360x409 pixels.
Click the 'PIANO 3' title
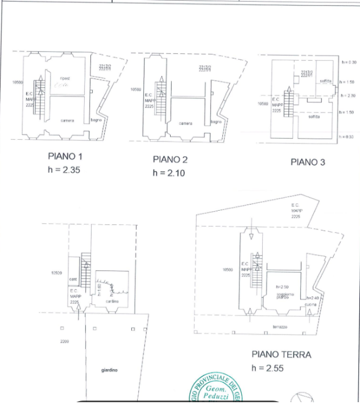(x=308, y=162)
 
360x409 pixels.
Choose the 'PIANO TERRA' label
(x=282, y=354)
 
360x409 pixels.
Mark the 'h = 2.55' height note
(x=267, y=368)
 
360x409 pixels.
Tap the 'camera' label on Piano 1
(x=68, y=120)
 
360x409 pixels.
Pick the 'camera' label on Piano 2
(x=185, y=123)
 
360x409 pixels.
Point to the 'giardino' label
(x=109, y=370)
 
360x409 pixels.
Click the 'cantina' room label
(x=111, y=301)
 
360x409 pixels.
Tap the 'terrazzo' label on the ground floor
(x=280, y=327)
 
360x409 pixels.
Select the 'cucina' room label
(x=311, y=305)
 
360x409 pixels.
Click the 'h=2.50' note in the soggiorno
(x=282, y=287)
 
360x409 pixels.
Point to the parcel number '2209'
(x=64, y=341)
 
